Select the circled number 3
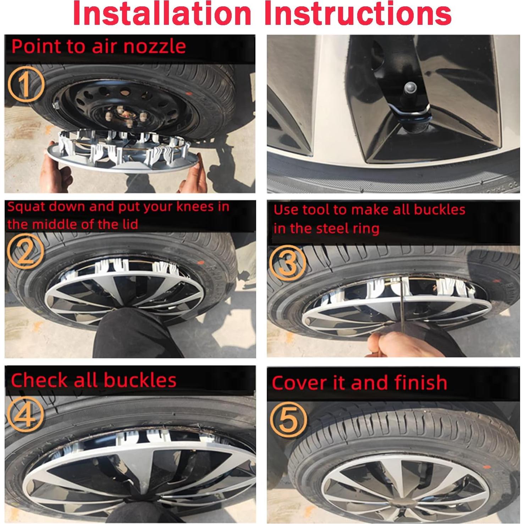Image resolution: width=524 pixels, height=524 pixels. (x=288, y=263)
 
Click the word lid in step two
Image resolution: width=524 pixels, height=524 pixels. (x=129, y=224)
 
